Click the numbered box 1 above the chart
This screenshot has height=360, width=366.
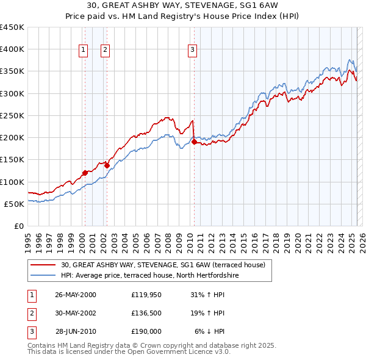[82, 50]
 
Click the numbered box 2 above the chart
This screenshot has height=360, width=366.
[105, 50]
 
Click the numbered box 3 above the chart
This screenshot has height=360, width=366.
[192, 50]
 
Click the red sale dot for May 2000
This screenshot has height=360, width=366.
[85, 173]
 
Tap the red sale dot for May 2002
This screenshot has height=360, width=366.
[107, 165]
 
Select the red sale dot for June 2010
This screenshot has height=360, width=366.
[194, 142]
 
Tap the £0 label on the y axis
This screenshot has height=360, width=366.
[18, 226]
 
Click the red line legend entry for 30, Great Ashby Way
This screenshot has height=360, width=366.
[163, 265]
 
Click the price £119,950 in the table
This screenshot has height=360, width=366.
[146, 295]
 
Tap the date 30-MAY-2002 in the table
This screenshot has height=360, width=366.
[76, 313]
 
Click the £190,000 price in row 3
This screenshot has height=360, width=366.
[146, 331]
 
